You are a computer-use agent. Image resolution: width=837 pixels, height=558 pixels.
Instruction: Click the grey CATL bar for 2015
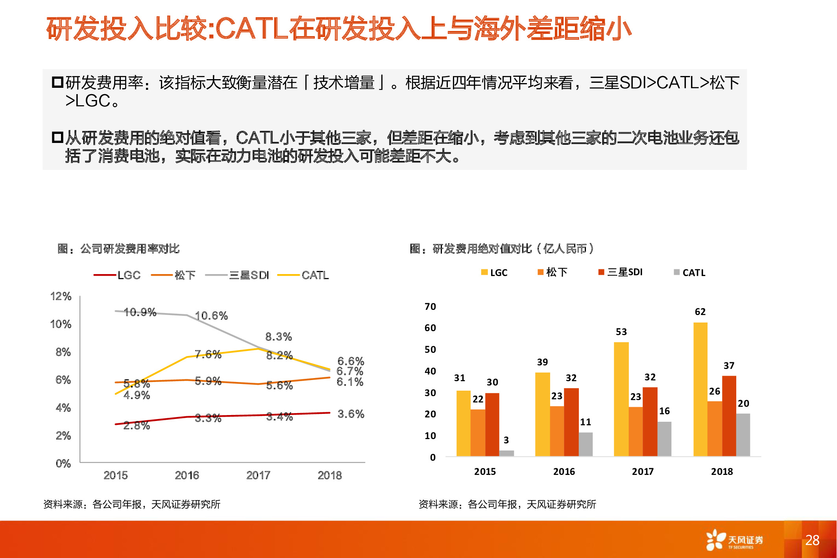click(x=507, y=453)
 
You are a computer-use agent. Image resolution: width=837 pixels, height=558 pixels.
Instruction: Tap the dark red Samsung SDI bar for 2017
click(x=650, y=421)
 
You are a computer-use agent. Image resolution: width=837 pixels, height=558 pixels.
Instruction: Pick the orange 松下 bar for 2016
click(x=557, y=431)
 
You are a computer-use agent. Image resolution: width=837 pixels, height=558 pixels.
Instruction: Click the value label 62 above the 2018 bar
click(x=700, y=312)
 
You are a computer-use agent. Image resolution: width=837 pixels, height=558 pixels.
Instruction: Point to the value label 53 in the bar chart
click(x=621, y=332)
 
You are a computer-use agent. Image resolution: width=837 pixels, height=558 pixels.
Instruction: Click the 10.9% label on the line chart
click(x=140, y=312)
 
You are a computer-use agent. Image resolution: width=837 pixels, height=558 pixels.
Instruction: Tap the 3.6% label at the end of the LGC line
click(x=351, y=414)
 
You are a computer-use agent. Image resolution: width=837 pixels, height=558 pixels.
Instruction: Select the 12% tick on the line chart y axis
click(x=61, y=296)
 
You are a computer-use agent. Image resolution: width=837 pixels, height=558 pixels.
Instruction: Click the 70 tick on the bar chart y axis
click(x=430, y=306)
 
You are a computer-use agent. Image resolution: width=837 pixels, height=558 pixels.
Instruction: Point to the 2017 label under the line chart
click(x=258, y=475)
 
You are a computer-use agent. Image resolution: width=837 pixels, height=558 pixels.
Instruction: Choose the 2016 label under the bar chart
click(x=564, y=471)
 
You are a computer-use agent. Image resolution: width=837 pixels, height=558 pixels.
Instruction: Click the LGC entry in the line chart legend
click(x=117, y=275)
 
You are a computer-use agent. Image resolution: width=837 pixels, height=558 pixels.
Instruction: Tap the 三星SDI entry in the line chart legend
click(x=237, y=275)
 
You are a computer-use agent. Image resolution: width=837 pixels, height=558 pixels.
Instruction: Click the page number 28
click(x=812, y=540)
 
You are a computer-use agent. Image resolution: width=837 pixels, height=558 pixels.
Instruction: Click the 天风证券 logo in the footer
click(x=734, y=540)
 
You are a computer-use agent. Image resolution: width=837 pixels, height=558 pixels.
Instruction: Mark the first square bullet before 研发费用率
click(x=57, y=83)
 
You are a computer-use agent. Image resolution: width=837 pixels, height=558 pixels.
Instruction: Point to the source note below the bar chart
click(x=507, y=504)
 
